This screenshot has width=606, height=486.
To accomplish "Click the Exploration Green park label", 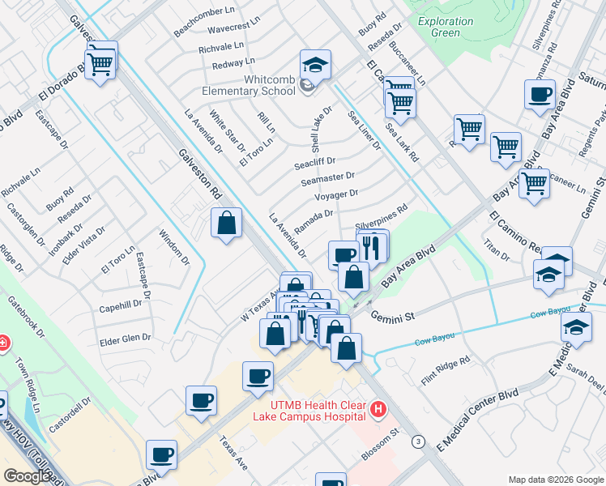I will (x=446, y=27).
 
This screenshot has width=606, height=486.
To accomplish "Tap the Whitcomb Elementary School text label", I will (x=258, y=86).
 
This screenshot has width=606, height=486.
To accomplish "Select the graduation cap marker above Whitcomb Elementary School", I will (x=316, y=63).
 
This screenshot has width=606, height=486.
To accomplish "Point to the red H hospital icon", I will (x=377, y=411).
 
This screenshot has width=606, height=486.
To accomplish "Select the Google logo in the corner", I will (x=27, y=475).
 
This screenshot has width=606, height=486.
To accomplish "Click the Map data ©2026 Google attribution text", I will (x=555, y=480).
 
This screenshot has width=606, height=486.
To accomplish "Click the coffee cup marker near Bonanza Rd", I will (x=539, y=95).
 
